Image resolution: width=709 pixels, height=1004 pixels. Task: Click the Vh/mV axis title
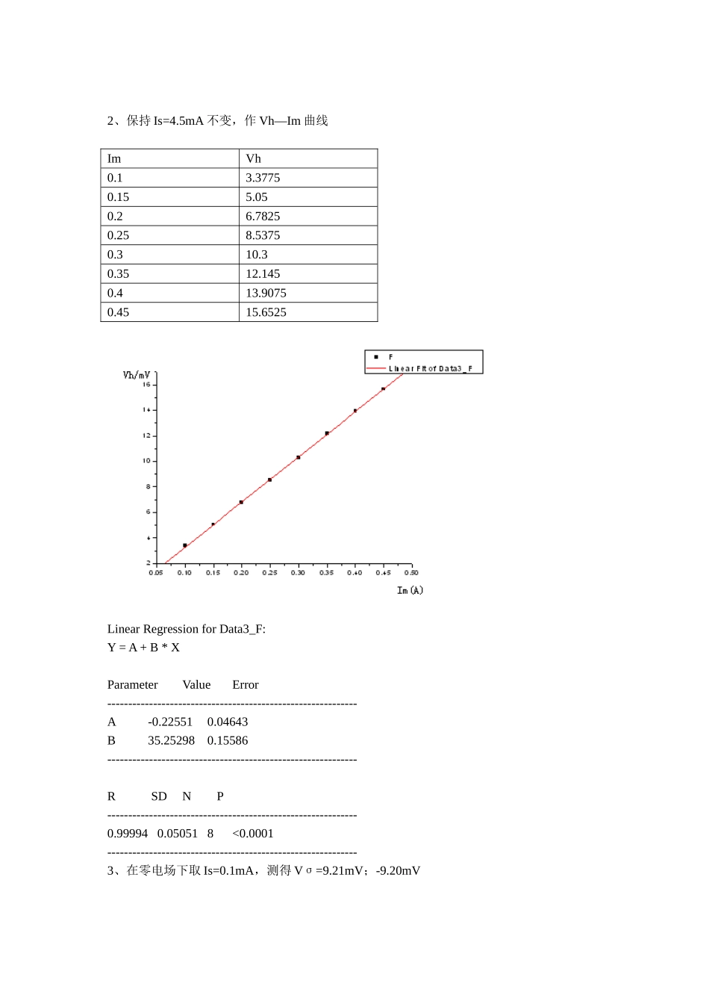(x=137, y=375)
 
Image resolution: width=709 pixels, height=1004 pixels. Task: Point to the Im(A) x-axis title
(x=410, y=590)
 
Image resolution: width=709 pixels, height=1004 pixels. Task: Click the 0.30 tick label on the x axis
(x=298, y=573)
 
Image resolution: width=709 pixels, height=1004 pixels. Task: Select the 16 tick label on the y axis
(x=146, y=385)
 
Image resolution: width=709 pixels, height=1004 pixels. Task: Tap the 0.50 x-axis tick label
(x=411, y=573)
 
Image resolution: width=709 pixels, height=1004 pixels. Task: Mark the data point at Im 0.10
(x=185, y=545)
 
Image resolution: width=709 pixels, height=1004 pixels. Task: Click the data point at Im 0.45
(x=384, y=389)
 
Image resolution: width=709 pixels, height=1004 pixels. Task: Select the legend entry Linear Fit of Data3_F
(x=430, y=369)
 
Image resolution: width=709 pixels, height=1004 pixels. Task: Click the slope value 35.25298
(x=171, y=740)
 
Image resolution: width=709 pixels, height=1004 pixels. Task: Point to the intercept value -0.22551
(x=170, y=722)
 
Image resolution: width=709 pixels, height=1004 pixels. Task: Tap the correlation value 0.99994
(x=128, y=834)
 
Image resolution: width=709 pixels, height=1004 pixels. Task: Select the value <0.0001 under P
(x=253, y=834)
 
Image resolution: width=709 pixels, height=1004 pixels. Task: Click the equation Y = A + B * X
(x=143, y=648)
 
